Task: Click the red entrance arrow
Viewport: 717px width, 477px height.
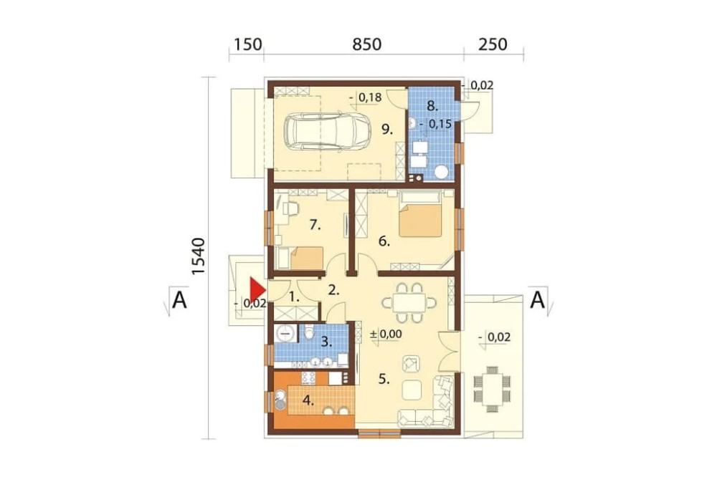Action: [x=257, y=289]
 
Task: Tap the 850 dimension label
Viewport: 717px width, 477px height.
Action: [x=366, y=44]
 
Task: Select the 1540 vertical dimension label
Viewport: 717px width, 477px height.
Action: [x=198, y=256]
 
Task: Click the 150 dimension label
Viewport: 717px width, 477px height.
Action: [x=248, y=44]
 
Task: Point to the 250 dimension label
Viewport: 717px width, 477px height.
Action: [x=493, y=44]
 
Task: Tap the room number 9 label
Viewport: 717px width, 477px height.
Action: [x=387, y=130]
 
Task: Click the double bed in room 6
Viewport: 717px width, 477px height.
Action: [x=420, y=215]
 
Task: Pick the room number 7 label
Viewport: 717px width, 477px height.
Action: [x=315, y=225]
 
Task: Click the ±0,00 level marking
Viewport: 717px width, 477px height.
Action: [x=386, y=334]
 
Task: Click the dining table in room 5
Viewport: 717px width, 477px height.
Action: [x=409, y=302]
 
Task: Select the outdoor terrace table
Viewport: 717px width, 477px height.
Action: [x=492, y=389]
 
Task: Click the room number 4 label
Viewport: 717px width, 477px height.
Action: [x=308, y=400]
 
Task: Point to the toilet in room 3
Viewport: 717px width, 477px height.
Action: [x=310, y=332]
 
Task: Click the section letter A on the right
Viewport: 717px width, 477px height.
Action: [x=538, y=300]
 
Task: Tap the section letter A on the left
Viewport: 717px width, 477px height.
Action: [x=179, y=300]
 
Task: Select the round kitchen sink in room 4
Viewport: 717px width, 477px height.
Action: [x=280, y=400]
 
